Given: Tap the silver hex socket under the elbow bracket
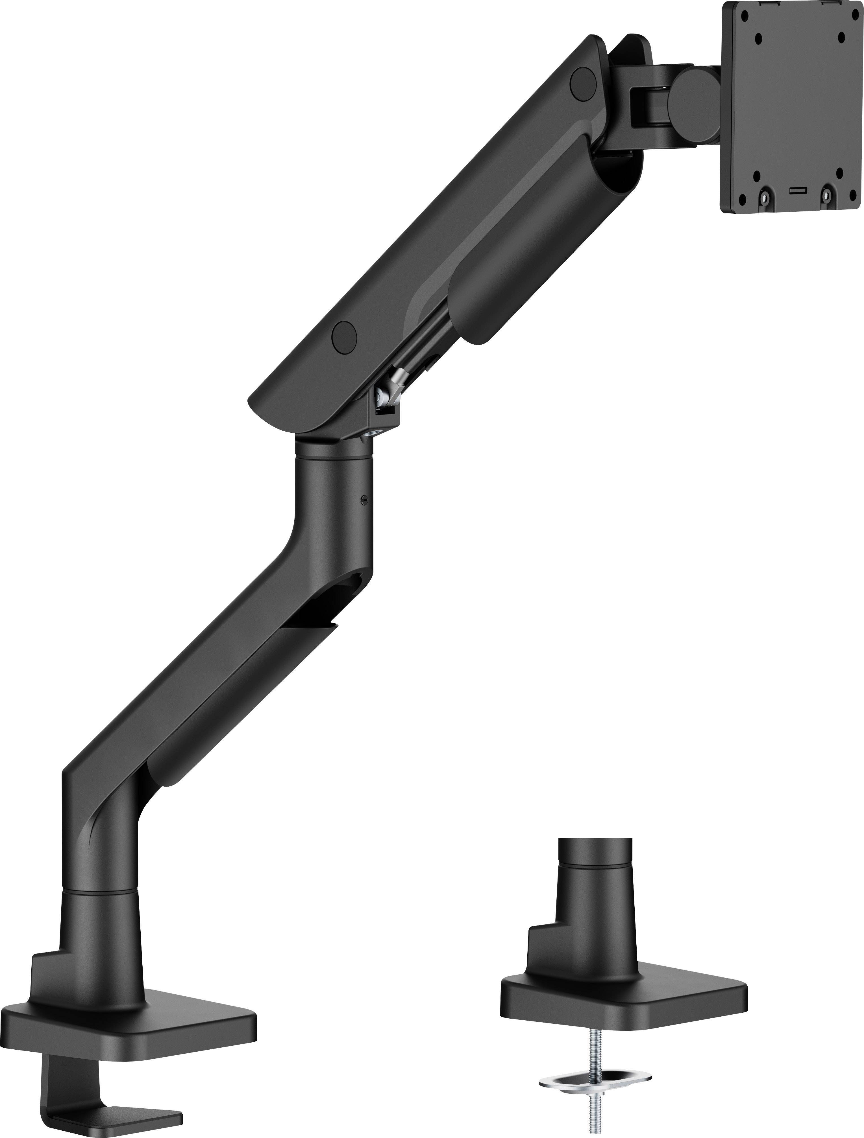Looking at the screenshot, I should tap(380, 434).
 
